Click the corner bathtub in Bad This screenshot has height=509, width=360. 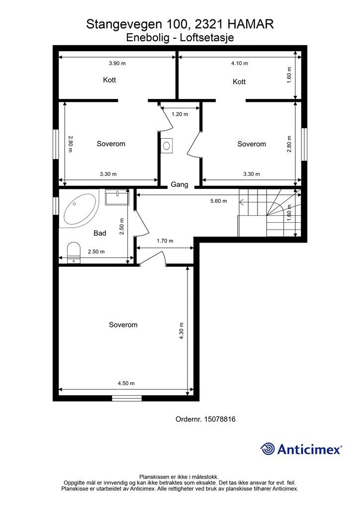pyautogui.click(x=79, y=211)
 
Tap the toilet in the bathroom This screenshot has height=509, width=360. pyautogui.click(x=74, y=252)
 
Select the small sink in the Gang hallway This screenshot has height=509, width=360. pyautogui.click(x=167, y=146)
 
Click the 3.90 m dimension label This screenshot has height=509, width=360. pyautogui.click(x=117, y=64)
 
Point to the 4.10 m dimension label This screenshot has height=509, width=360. pyautogui.click(x=239, y=64)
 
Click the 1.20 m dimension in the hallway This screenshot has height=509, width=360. pyautogui.click(x=180, y=114)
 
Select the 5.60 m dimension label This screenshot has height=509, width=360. pyautogui.click(x=218, y=201)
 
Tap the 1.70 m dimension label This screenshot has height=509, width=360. pyautogui.click(x=165, y=241)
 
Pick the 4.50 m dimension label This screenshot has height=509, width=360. pyautogui.click(x=126, y=383)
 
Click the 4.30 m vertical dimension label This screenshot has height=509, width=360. pyautogui.click(x=182, y=330)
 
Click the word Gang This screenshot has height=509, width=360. pyautogui.click(x=180, y=184)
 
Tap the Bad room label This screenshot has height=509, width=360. pyautogui.click(x=100, y=233)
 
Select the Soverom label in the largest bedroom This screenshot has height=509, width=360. pyautogui.click(x=123, y=325)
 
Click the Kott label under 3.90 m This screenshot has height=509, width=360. pyautogui.click(x=109, y=80)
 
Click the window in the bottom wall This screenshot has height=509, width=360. pyautogui.click(x=126, y=398)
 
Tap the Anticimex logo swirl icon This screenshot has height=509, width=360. pyautogui.click(x=268, y=449)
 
